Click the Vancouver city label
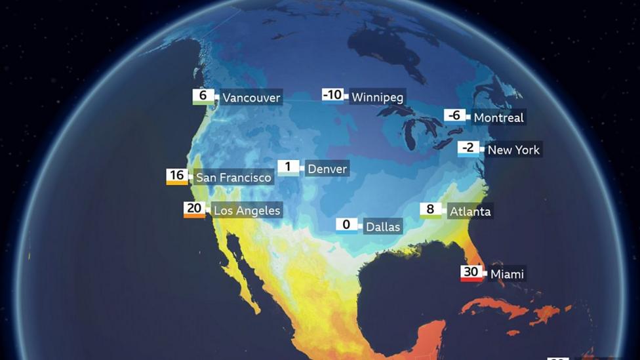coord(251,98)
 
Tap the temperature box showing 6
coord(203,96)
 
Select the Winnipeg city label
coord(377,97)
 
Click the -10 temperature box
coord(333,95)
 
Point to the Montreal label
coord(498,117)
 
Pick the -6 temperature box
coord(455,115)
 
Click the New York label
coord(513,150)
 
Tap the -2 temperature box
coord(468,148)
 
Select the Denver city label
coord(327,169)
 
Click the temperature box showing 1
coord(289,167)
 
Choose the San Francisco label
coord(233,177)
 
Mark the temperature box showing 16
coord(177,176)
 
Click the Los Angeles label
coord(247,210)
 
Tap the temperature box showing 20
coord(194,209)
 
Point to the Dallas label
coord(383,227)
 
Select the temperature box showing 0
coord(347,225)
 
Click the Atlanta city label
coord(470,211)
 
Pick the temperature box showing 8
coord(430,210)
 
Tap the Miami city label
coord(507,273)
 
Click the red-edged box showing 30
coord(471,273)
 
